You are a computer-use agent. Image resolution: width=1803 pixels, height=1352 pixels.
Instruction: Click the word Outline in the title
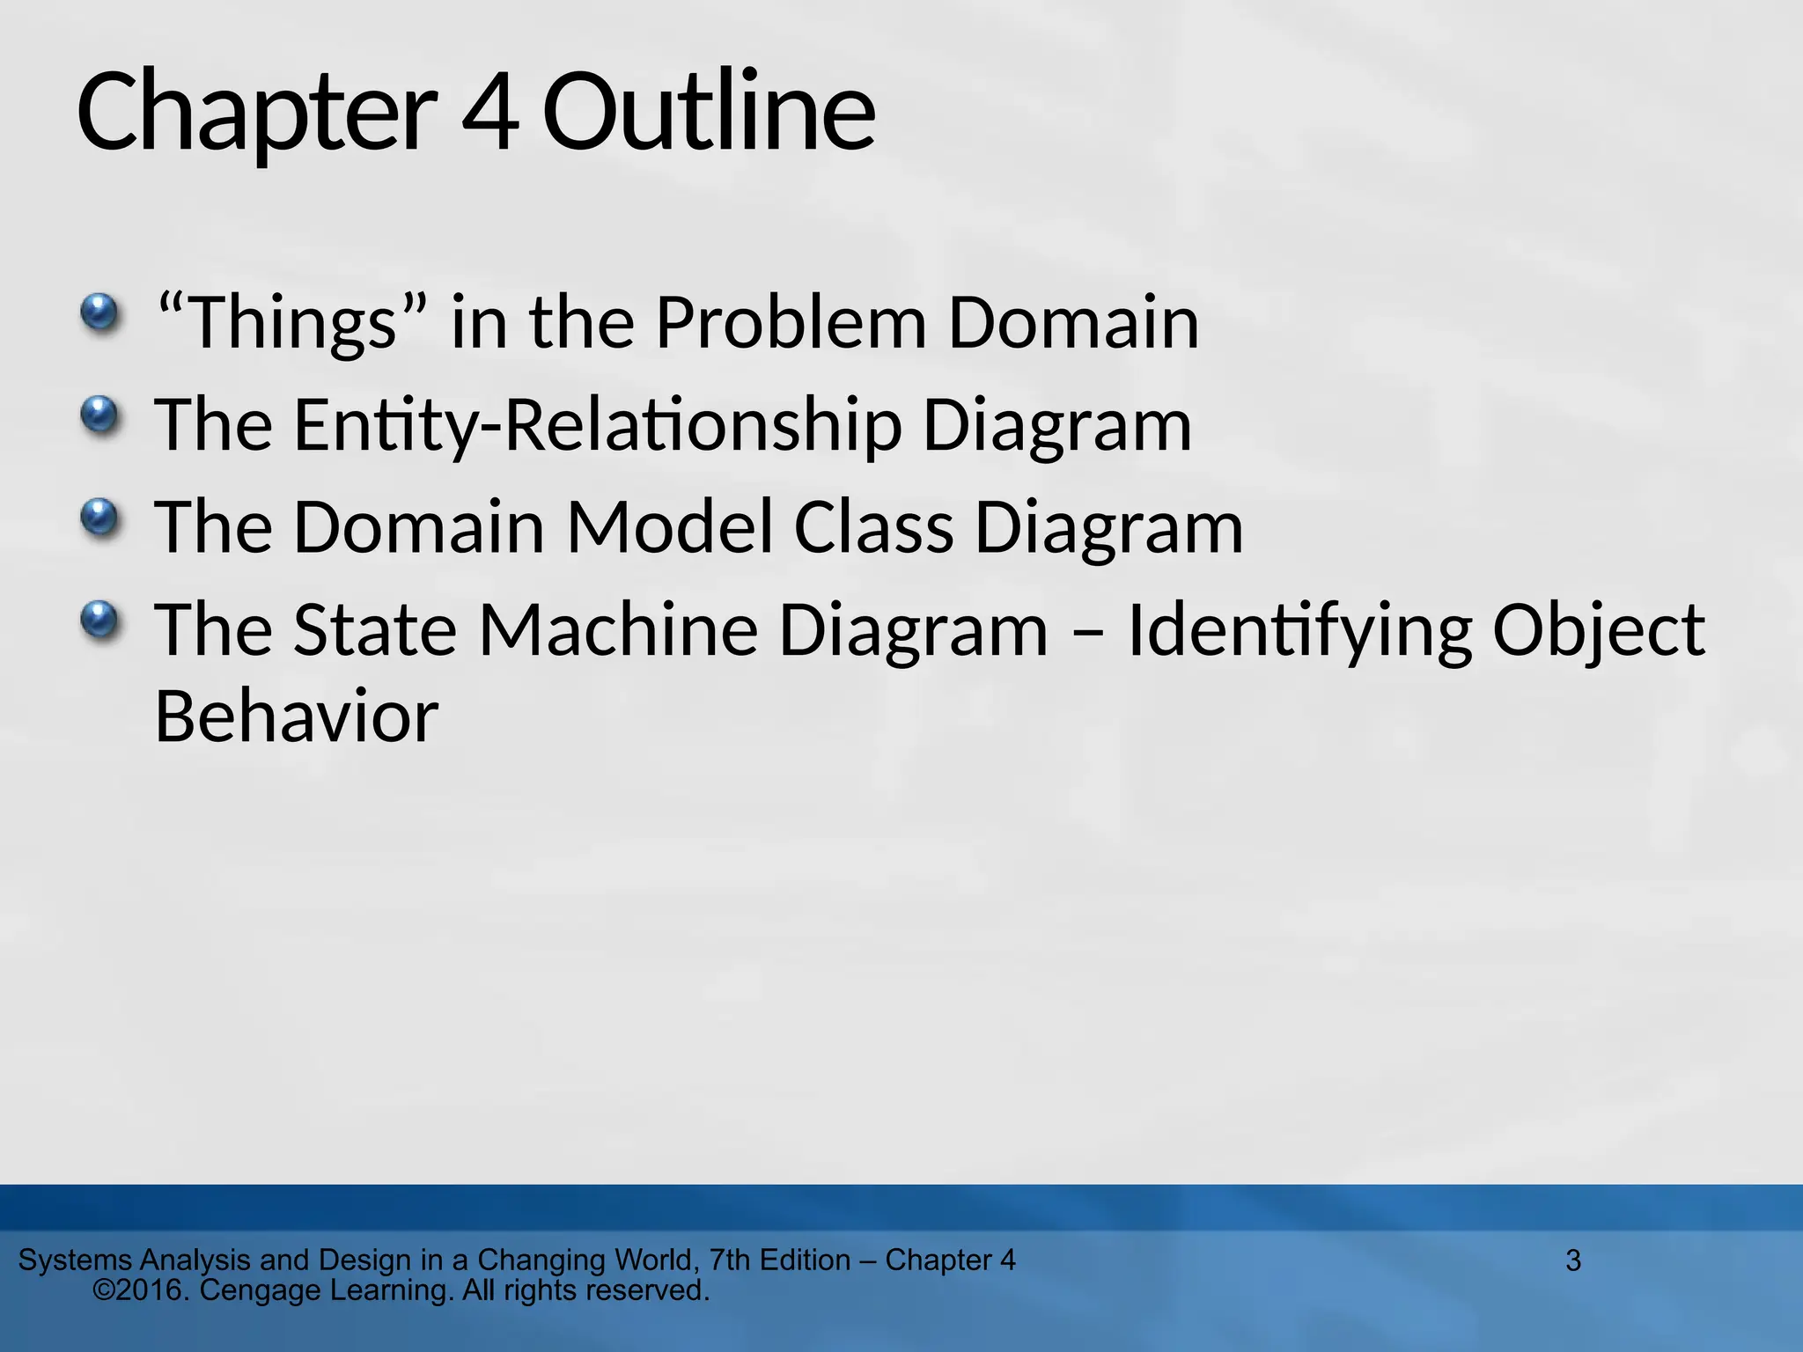point(709,113)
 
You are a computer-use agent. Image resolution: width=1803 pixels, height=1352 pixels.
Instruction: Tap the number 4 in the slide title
point(489,113)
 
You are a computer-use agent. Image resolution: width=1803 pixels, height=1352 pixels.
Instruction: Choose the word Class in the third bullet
point(873,527)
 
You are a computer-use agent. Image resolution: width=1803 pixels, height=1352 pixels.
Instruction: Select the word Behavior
point(297,716)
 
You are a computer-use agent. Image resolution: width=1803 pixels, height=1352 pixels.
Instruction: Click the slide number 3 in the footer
point(1573,1260)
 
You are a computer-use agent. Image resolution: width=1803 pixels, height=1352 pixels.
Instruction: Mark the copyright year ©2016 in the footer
point(142,1290)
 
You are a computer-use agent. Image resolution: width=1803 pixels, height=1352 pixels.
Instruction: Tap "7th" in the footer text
point(730,1260)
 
